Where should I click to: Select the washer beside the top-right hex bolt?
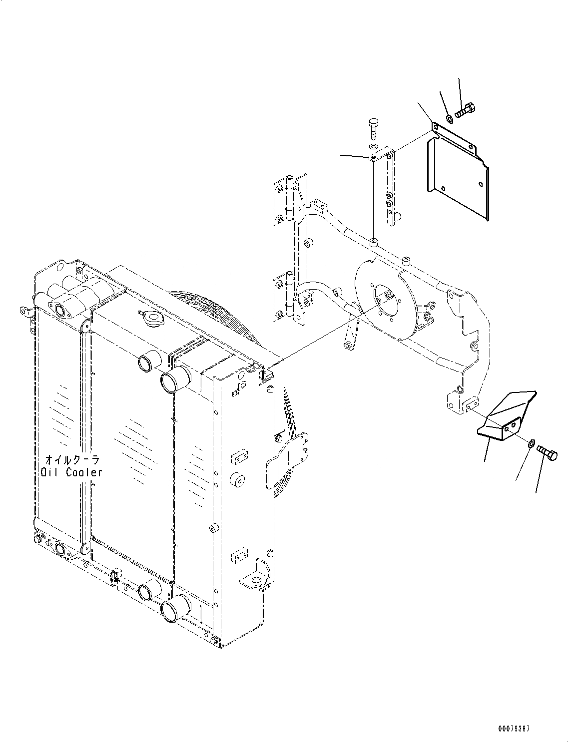[x=449, y=118]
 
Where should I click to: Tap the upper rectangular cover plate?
[x=457, y=172]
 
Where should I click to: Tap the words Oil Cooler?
[x=72, y=471]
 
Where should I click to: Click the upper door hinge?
[x=290, y=200]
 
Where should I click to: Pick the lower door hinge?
[x=290, y=296]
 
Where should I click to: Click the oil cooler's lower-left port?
[x=61, y=549]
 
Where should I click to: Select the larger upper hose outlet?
[x=170, y=379]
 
